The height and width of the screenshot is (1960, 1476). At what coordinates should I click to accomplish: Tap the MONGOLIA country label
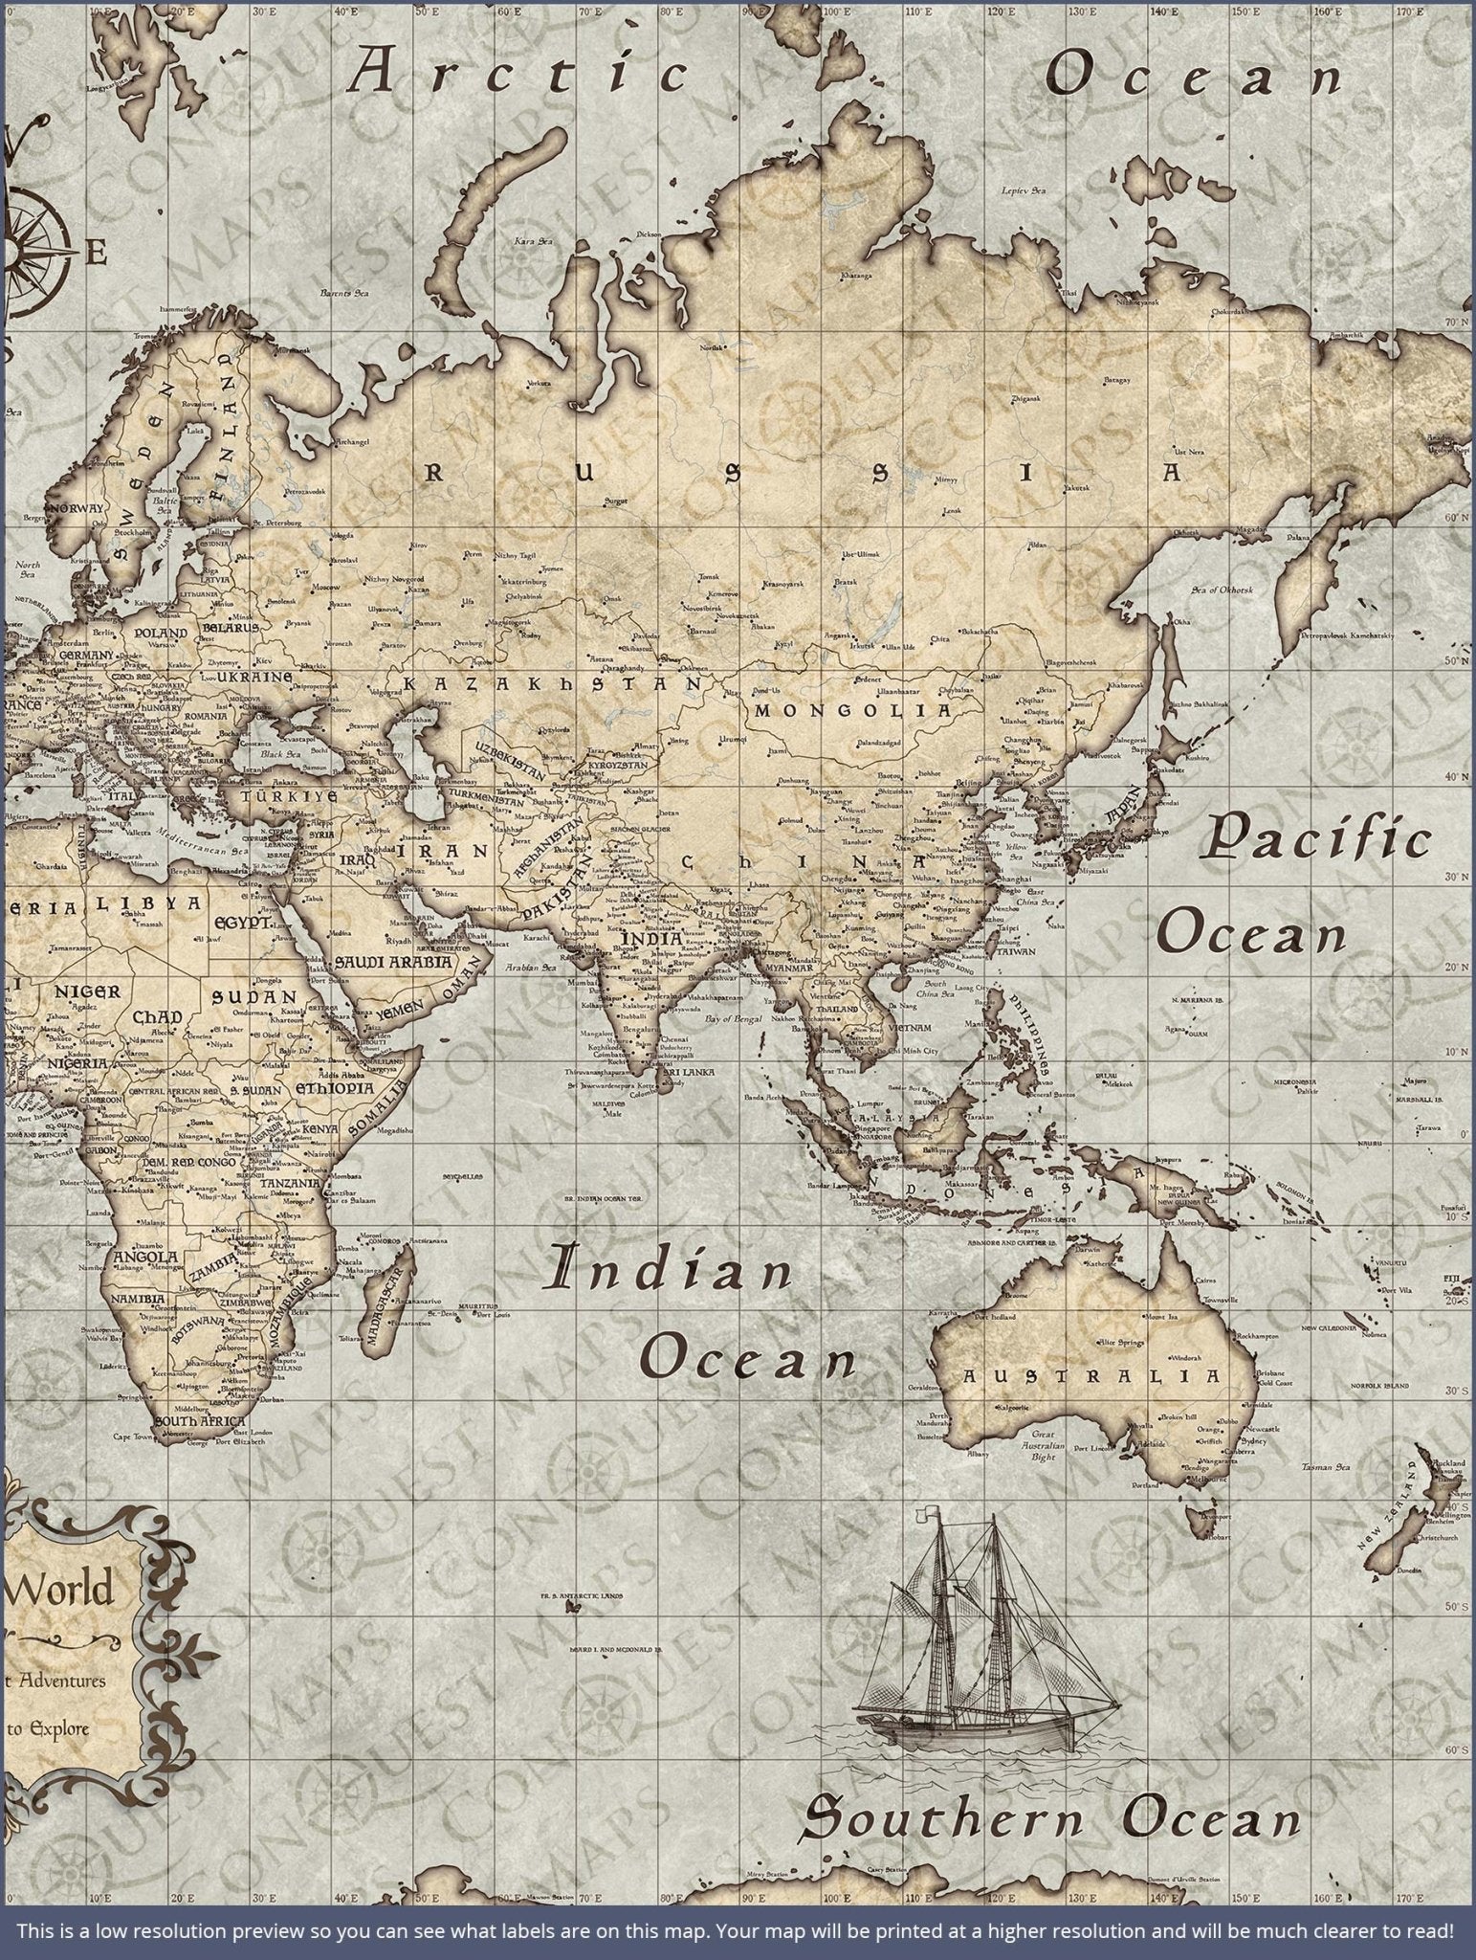pyautogui.click(x=853, y=711)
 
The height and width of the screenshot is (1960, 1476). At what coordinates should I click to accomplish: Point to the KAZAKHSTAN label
pyautogui.click(x=552, y=685)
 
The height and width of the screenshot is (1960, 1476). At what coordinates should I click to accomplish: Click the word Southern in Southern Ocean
pyautogui.click(x=942, y=1816)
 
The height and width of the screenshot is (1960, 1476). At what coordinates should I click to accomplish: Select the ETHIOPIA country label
pyautogui.click(x=334, y=1089)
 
